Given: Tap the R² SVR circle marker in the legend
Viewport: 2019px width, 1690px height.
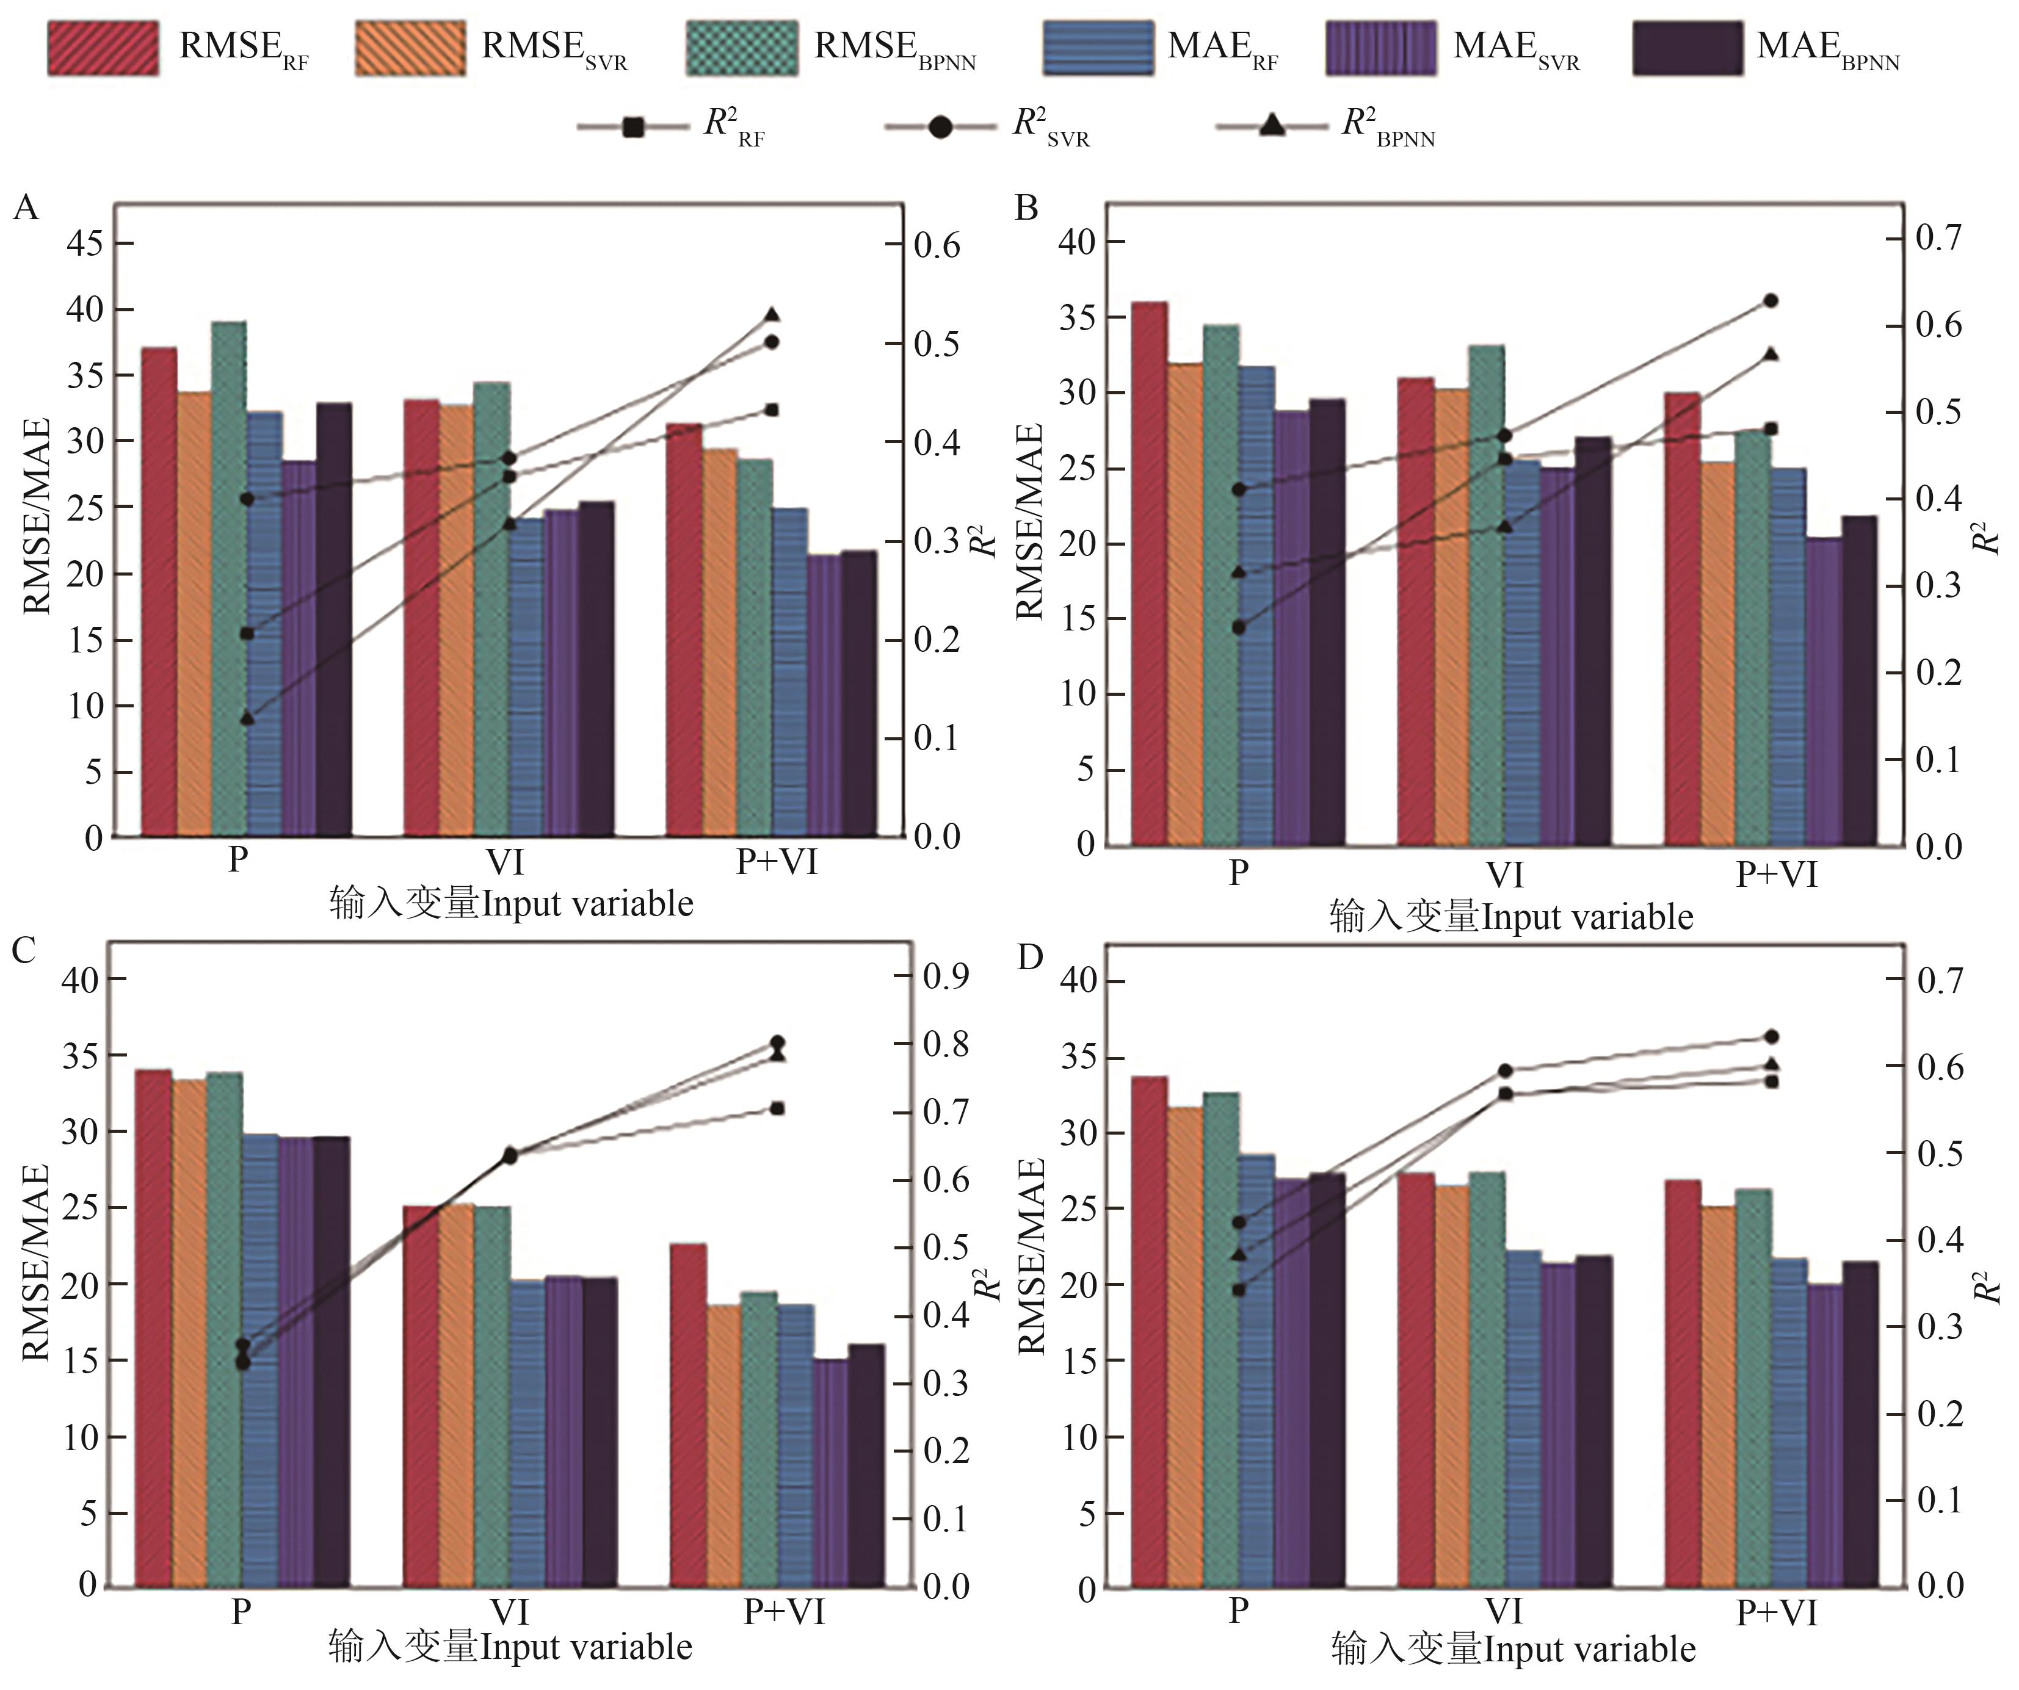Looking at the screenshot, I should pyautogui.click(x=940, y=126).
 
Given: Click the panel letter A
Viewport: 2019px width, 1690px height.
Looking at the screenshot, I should pyautogui.click(x=26, y=207).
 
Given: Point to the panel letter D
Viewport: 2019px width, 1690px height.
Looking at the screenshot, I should pyautogui.click(x=1030, y=958).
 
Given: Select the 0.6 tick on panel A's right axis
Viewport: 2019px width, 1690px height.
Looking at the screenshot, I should pyautogui.click(x=937, y=246).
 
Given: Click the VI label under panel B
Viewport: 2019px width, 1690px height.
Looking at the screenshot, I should pyautogui.click(x=1505, y=875).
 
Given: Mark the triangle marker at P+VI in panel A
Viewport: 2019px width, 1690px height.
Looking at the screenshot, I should pyautogui.click(x=771, y=314).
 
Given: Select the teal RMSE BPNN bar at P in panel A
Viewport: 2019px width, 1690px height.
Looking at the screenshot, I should pyautogui.click(x=229, y=577).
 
